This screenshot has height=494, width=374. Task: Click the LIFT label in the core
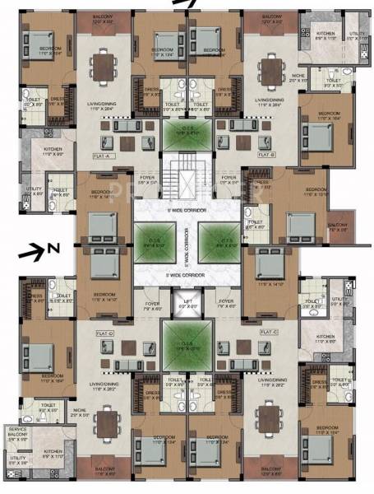[x=188, y=303]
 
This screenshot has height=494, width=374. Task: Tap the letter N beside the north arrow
[x=51, y=247]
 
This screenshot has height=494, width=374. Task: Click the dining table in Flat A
[x=102, y=68]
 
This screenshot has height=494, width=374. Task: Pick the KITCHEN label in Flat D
[x=55, y=475]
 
